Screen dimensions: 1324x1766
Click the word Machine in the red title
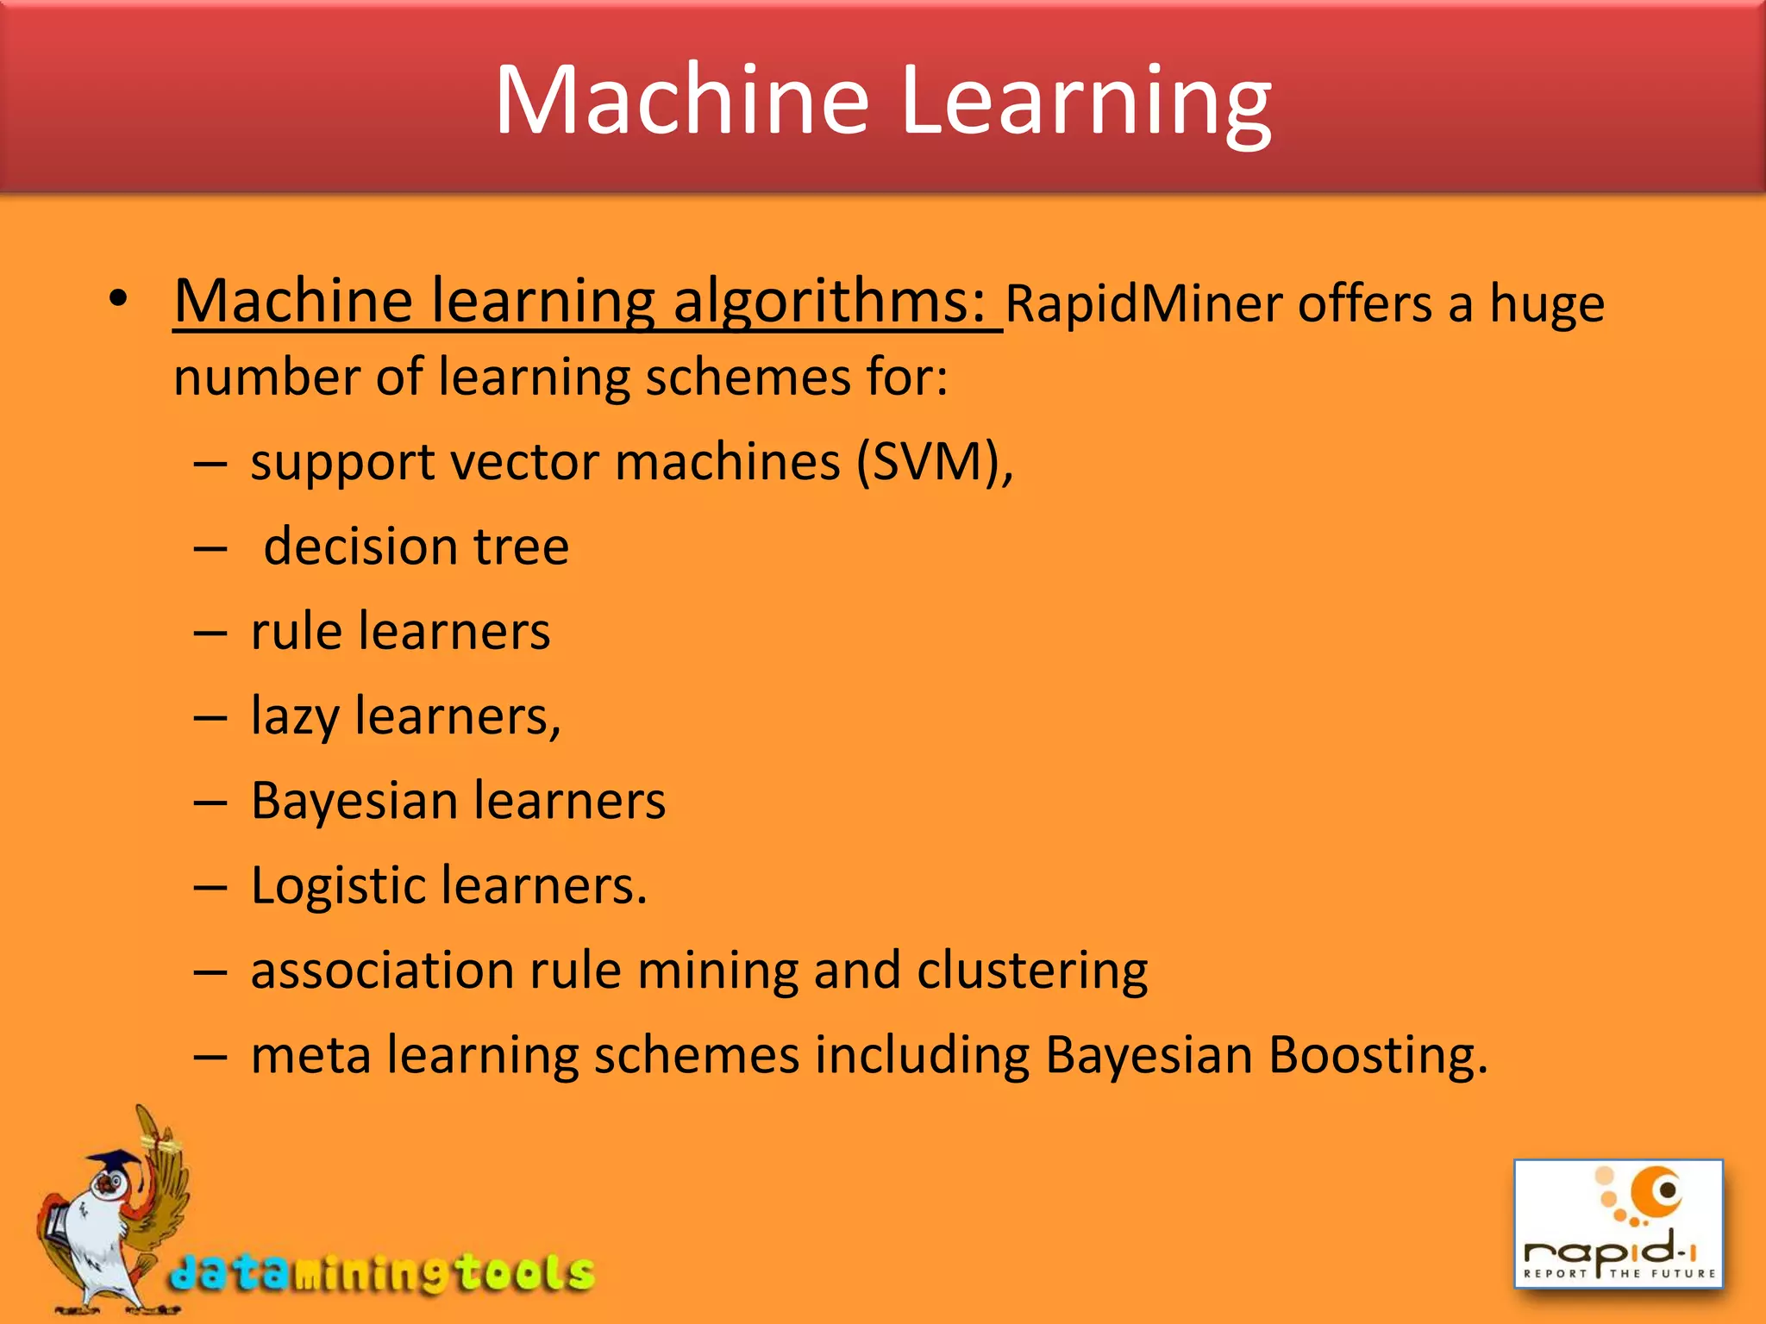(x=681, y=101)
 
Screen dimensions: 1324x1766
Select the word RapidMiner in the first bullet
(x=1143, y=304)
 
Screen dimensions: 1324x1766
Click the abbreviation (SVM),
(x=935, y=462)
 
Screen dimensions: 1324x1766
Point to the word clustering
(x=1031, y=971)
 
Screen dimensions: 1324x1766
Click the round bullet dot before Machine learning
(x=118, y=300)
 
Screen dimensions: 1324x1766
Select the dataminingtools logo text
(x=382, y=1272)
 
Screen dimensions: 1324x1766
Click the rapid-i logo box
(x=1618, y=1224)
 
